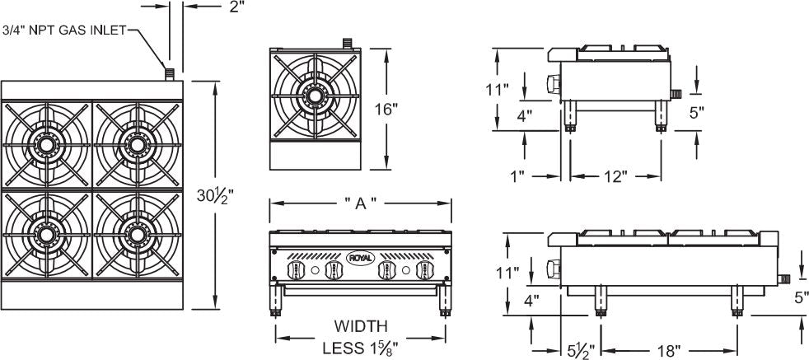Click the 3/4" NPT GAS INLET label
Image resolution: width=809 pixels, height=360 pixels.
click(x=63, y=31)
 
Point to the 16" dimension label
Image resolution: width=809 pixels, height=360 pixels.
click(x=385, y=109)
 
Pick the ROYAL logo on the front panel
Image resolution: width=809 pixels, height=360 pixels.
click(x=360, y=257)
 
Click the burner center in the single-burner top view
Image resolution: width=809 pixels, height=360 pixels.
click(x=314, y=96)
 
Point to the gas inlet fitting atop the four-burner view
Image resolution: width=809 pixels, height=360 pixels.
click(x=171, y=74)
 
